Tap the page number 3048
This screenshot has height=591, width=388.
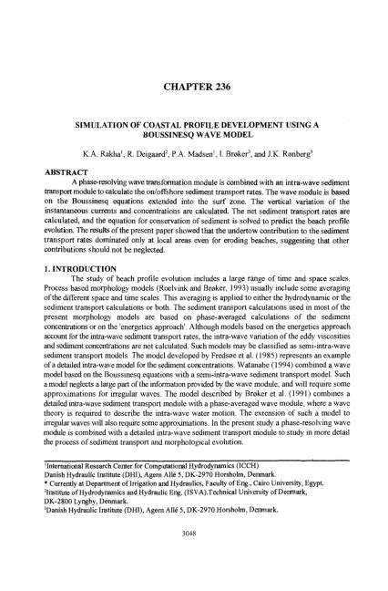pyautogui.click(x=194, y=553)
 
